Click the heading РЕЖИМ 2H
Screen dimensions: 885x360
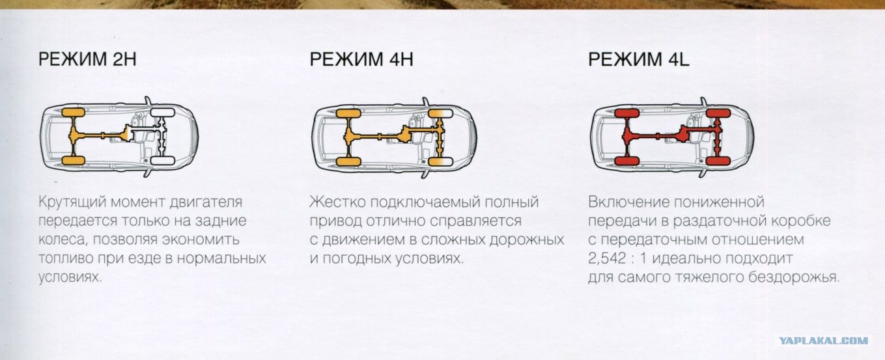87,59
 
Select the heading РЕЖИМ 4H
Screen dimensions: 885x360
361,59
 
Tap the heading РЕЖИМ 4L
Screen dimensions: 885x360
638,59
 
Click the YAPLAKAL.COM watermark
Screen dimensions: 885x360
824,340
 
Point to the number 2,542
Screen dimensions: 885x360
607,258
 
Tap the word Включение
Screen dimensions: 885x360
628,202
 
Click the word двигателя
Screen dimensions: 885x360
206,202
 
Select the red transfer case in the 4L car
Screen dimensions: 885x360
684,133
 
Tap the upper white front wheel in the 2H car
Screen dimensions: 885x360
162,113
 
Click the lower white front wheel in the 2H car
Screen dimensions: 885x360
163,161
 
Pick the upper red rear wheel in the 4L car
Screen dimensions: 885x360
627,113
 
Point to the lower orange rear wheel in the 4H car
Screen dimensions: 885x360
348,161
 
